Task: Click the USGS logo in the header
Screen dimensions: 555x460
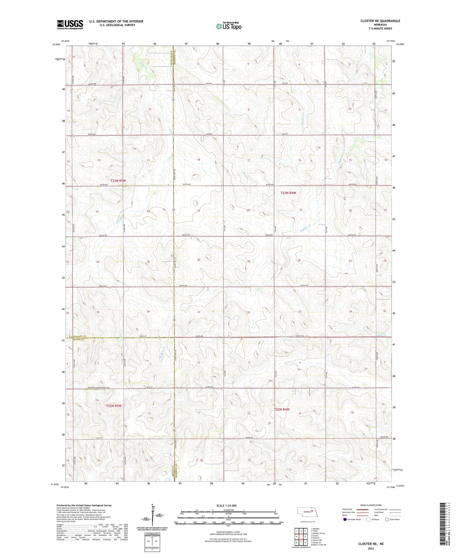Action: [x=70, y=24]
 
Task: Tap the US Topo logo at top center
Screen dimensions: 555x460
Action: [x=228, y=26]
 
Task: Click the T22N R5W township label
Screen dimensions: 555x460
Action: [x=114, y=406]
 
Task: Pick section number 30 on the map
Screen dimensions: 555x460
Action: [x=199, y=260]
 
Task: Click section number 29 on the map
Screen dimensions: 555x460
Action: [x=249, y=261]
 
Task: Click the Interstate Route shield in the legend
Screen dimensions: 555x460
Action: [x=345, y=519]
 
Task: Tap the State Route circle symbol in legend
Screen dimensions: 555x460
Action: [x=387, y=519]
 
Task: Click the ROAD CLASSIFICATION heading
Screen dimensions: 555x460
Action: [x=371, y=505]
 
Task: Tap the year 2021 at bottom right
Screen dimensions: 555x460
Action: [x=371, y=549]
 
